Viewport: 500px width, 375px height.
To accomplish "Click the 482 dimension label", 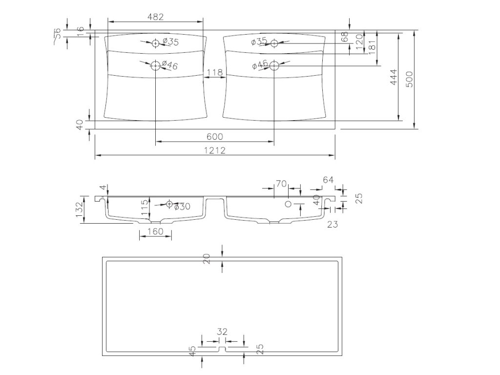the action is coord(155,16).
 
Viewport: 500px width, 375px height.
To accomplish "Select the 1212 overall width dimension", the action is coord(214,151).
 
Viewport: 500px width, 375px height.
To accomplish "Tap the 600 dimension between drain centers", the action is coord(214,137).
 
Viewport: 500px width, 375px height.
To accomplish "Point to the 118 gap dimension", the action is coord(215,73).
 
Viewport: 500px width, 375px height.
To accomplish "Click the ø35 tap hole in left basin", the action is coord(155,43).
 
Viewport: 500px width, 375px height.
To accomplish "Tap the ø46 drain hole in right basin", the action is coord(274,65).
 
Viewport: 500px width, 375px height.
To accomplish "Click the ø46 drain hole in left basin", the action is coord(155,65).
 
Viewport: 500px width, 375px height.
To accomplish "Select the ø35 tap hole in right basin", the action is coord(274,43).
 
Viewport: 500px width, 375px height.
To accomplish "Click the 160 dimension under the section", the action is coord(155,231).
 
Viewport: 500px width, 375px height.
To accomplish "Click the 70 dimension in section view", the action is coord(280,184).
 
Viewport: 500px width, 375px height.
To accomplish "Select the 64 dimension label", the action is coord(328,180).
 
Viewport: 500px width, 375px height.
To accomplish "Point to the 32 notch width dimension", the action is coord(222,332).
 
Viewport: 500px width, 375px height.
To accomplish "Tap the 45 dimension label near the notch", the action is coord(193,351).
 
